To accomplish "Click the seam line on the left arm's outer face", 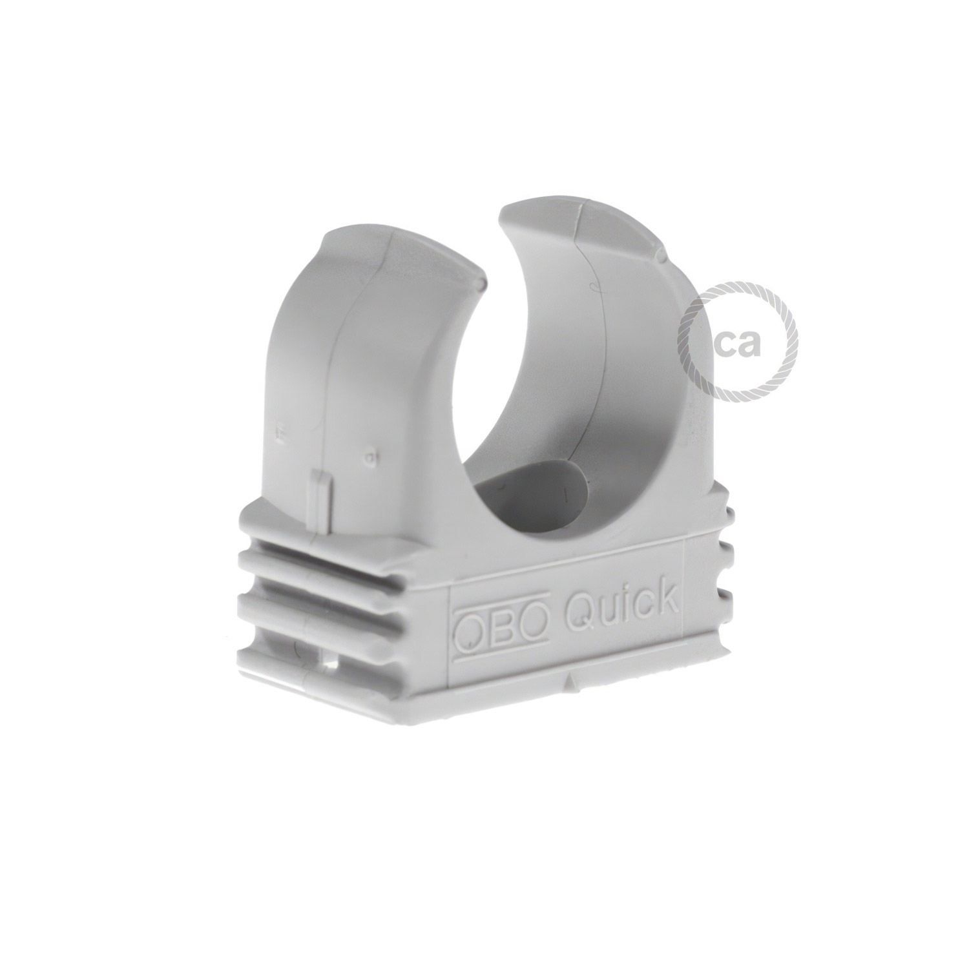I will [336, 388].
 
